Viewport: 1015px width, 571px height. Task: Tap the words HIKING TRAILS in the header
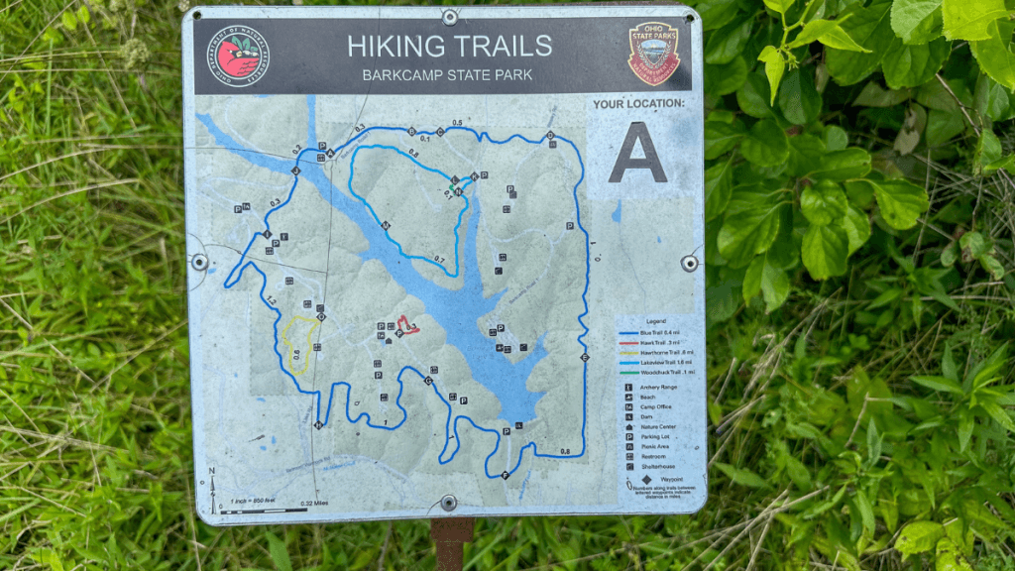coord(449,46)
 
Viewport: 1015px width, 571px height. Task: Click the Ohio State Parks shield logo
coord(653,54)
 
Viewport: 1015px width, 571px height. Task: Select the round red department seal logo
coord(236,56)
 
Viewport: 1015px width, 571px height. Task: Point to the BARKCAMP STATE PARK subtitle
coord(449,74)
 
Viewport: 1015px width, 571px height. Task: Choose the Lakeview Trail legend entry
coord(654,362)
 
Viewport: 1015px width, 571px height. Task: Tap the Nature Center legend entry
coord(654,426)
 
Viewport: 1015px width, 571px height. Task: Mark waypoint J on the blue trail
coord(294,171)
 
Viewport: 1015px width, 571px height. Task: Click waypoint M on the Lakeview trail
coord(385,226)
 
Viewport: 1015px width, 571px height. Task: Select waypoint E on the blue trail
coord(585,357)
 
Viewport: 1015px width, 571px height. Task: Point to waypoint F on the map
coord(506,476)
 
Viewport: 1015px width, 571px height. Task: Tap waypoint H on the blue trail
coord(318,425)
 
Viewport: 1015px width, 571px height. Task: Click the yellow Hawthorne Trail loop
coord(298,343)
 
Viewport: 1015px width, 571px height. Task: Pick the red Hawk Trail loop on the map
coord(407,325)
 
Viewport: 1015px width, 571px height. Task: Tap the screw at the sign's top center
coord(449,17)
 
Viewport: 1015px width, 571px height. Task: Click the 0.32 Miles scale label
coord(314,504)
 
